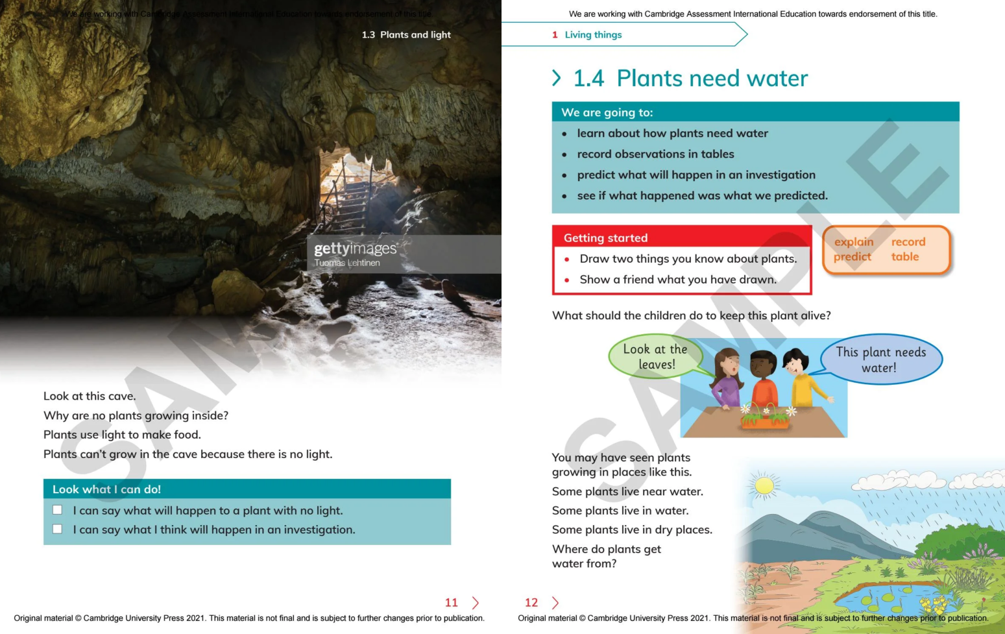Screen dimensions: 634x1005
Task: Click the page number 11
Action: point(452,603)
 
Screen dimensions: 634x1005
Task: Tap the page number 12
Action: point(531,603)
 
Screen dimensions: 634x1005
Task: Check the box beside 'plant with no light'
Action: point(57,510)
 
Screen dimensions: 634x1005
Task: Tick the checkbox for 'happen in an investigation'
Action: point(57,529)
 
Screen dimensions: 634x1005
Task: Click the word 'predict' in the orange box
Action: point(852,257)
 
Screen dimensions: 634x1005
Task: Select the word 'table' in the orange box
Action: point(904,257)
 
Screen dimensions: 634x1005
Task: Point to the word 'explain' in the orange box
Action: point(853,242)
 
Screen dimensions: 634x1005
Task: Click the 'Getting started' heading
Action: point(605,238)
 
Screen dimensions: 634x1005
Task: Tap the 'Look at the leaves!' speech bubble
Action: point(655,357)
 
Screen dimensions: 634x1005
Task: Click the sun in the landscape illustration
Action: point(764,485)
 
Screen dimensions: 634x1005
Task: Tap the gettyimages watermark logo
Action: point(355,249)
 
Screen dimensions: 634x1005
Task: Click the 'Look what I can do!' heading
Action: point(106,489)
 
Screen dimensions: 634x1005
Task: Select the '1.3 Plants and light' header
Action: point(406,34)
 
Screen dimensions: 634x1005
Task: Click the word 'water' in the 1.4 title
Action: point(777,79)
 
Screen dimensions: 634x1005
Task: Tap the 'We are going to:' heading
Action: point(607,112)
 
